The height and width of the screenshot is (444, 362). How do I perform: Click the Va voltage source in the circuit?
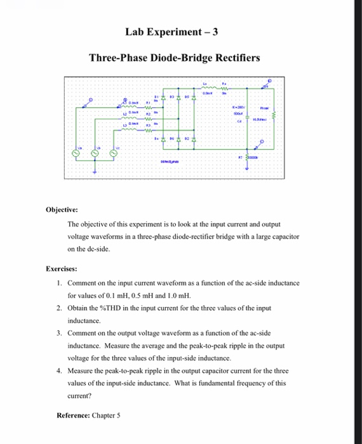pyautogui.click(x=75, y=153)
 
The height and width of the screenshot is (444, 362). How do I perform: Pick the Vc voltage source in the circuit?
pyautogui.click(x=115, y=153)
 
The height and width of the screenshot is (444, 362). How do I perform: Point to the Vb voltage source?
pyautogui.click(x=95, y=153)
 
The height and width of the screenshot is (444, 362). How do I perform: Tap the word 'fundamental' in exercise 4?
pyautogui.click(x=233, y=383)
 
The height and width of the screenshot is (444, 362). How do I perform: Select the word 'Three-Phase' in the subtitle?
pyautogui.click(x=115, y=58)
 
